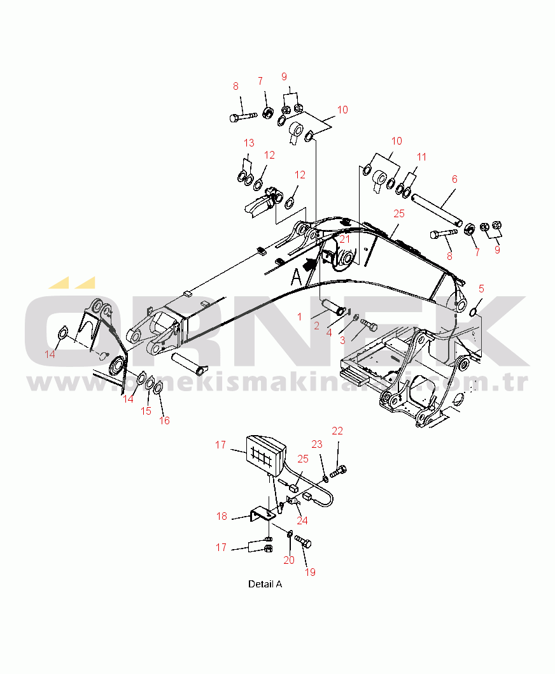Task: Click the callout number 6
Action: pyautogui.click(x=454, y=180)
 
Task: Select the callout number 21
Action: pyautogui.click(x=344, y=239)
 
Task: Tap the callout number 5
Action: pyautogui.click(x=481, y=289)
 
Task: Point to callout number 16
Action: pyautogui.click(x=164, y=420)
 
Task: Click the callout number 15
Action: pyautogui.click(x=146, y=412)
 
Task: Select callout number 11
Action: pyautogui.click(x=421, y=157)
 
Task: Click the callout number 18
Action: pyautogui.click(x=221, y=517)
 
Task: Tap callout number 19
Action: pyautogui.click(x=310, y=572)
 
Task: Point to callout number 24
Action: pyautogui.click(x=302, y=520)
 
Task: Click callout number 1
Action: pyautogui.click(x=299, y=316)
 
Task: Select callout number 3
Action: pyautogui.click(x=342, y=340)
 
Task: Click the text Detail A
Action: pyautogui.click(x=265, y=584)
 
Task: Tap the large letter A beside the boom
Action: pyautogui.click(x=296, y=276)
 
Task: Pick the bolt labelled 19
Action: pyautogui.click(x=303, y=543)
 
